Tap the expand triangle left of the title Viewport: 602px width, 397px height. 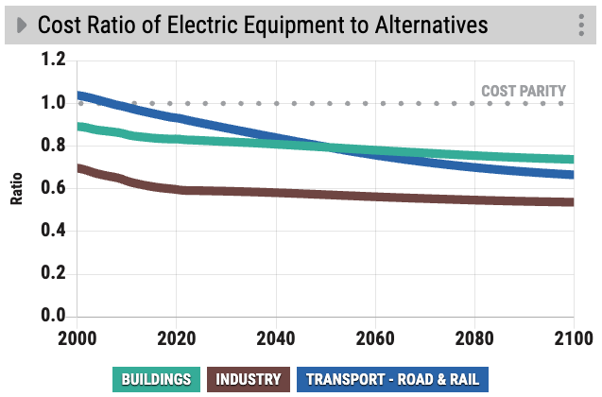[20, 25]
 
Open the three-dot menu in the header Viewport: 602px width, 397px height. [581, 26]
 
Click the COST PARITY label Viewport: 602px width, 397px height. [524, 92]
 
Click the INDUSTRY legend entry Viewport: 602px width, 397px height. [249, 380]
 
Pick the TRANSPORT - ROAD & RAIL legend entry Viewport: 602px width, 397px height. [391, 380]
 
